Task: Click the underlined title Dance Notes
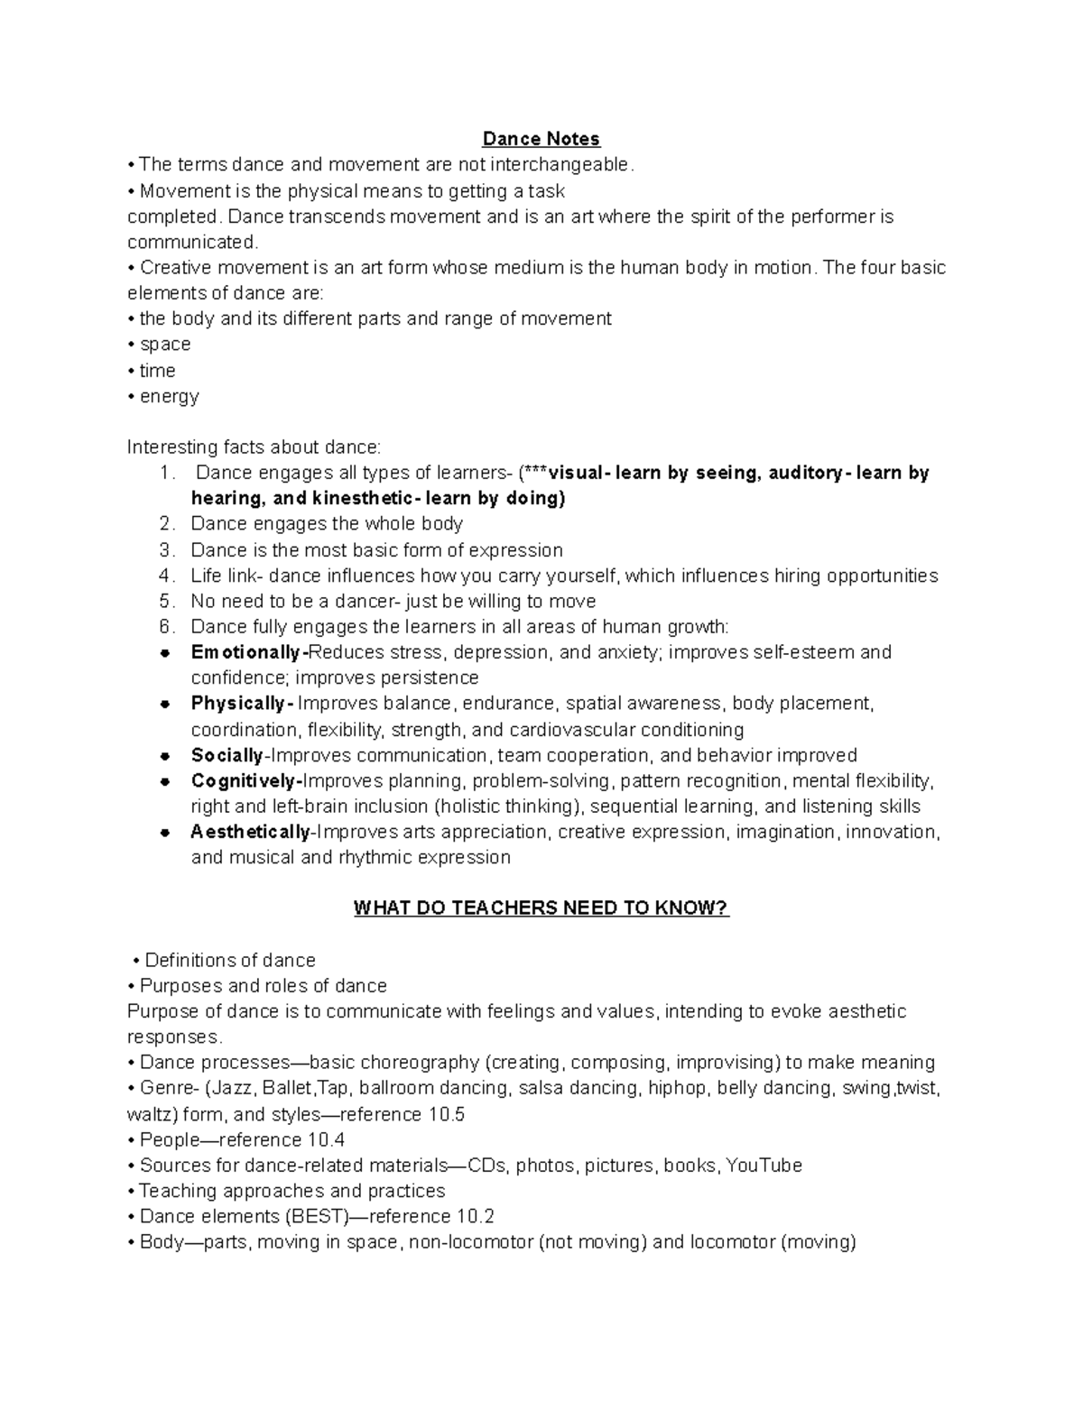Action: tap(541, 139)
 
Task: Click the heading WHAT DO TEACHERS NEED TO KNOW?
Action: tap(541, 908)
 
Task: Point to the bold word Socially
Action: tap(227, 755)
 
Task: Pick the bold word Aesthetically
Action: tap(250, 833)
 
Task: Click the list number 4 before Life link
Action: tap(165, 576)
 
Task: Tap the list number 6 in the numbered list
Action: tap(165, 627)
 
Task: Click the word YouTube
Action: tap(764, 1166)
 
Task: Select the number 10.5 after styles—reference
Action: tap(447, 1114)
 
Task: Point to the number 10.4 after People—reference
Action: tap(326, 1139)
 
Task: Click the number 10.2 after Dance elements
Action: tap(476, 1216)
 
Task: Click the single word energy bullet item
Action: tap(169, 396)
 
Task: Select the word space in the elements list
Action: tap(165, 345)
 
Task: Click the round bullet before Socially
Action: tap(165, 756)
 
